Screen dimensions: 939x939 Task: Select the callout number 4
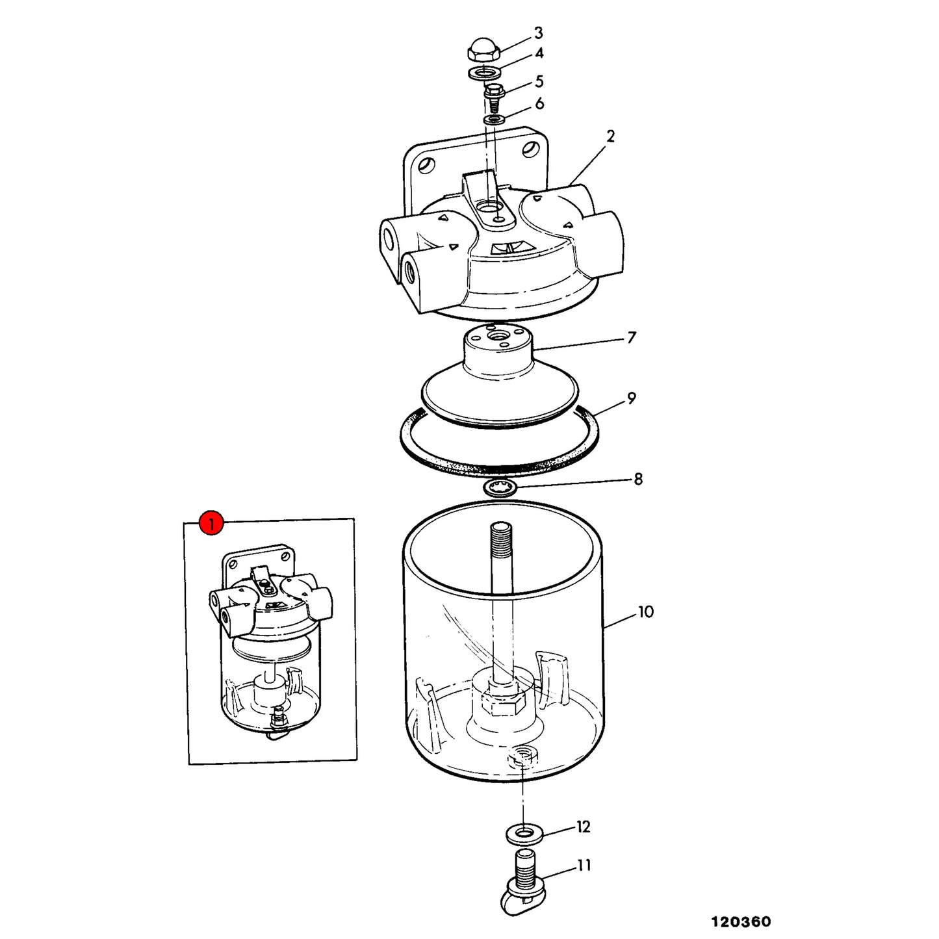click(539, 53)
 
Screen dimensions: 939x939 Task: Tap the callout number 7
click(632, 337)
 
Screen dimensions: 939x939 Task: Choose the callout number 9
click(632, 398)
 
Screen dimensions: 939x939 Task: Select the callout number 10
click(646, 611)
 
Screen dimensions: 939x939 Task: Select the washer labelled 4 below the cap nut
click(483, 73)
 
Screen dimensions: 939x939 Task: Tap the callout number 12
click(584, 827)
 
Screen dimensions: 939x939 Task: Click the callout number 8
click(638, 479)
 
